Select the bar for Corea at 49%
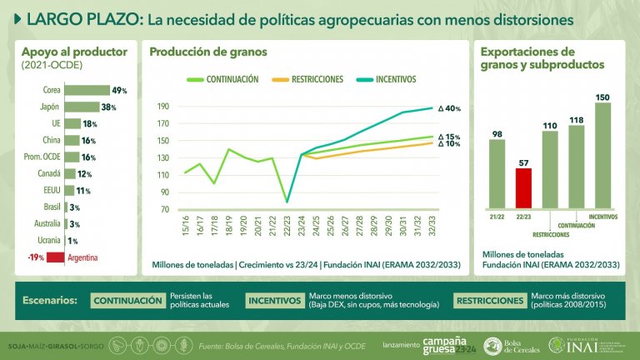87,90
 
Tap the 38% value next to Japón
107,107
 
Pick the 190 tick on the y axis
162,107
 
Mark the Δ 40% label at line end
449,108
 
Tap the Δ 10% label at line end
449,144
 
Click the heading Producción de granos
207,52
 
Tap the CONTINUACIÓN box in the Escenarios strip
126,301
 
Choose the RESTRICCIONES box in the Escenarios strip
489,301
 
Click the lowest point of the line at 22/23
287,202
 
